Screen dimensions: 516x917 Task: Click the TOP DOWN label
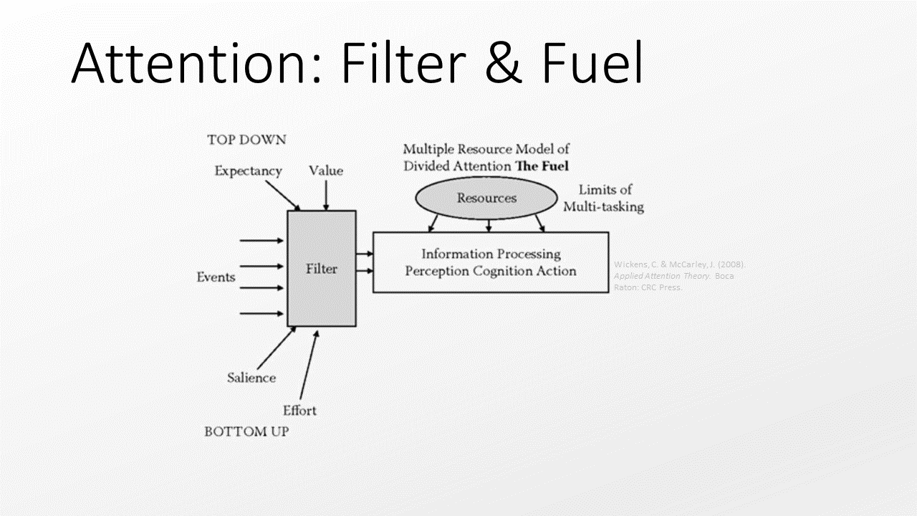[246, 140]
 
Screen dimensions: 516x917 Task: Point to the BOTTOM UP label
[246, 432]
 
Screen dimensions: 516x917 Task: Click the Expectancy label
[248, 171]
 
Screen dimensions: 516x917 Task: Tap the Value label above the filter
[326, 171]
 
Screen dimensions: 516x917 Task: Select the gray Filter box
[322, 269]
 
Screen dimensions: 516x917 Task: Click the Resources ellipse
[486, 199]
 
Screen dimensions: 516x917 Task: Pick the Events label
[216, 277]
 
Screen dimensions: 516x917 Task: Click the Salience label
[251, 378]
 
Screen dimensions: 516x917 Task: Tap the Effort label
[299, 411]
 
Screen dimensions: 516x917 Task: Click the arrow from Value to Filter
[326, 194]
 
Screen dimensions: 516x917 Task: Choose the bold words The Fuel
[542, 166]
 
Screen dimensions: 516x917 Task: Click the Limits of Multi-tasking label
[603, 199]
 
